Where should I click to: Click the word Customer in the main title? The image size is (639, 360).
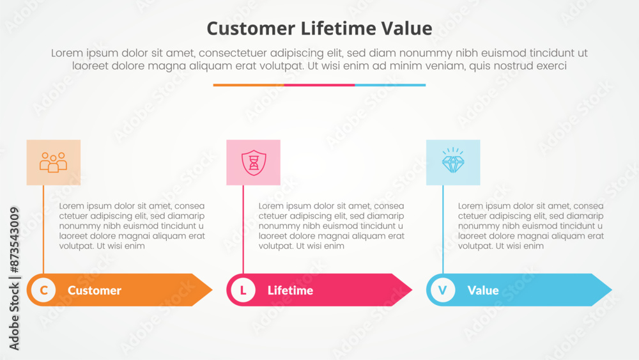[x=250, y=29]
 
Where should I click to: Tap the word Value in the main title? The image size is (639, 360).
[x=406, y=29]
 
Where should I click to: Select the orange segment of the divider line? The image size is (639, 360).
[x=249, y=85]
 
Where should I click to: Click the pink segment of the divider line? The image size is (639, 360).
[x=319, y=85]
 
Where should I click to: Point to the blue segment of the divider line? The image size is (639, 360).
[x=390, y=85]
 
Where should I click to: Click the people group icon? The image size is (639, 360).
[x=54, y=162]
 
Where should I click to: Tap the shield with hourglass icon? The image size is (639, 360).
[x=254, y=162]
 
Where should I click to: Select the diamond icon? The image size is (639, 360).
[x=453, y=160]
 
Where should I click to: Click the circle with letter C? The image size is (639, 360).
[x=43, y=290]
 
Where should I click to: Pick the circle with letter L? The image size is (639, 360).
[x=243, y=290]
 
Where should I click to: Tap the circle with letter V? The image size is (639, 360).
[x=443, y=290]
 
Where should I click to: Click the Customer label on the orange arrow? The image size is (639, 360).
[x=95, y=290]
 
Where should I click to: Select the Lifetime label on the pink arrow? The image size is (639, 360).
[x=291, y=290]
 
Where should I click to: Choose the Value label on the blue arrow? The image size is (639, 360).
[x=483, y=290]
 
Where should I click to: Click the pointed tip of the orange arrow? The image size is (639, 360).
[x=212, y=290]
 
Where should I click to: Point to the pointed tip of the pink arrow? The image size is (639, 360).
[x=412, y=290]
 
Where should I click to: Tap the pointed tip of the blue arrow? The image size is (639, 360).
[x=612, y=290]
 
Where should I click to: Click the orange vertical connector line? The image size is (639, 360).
[x=43, y=230]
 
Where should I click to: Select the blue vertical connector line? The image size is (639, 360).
[x=443, y=230]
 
